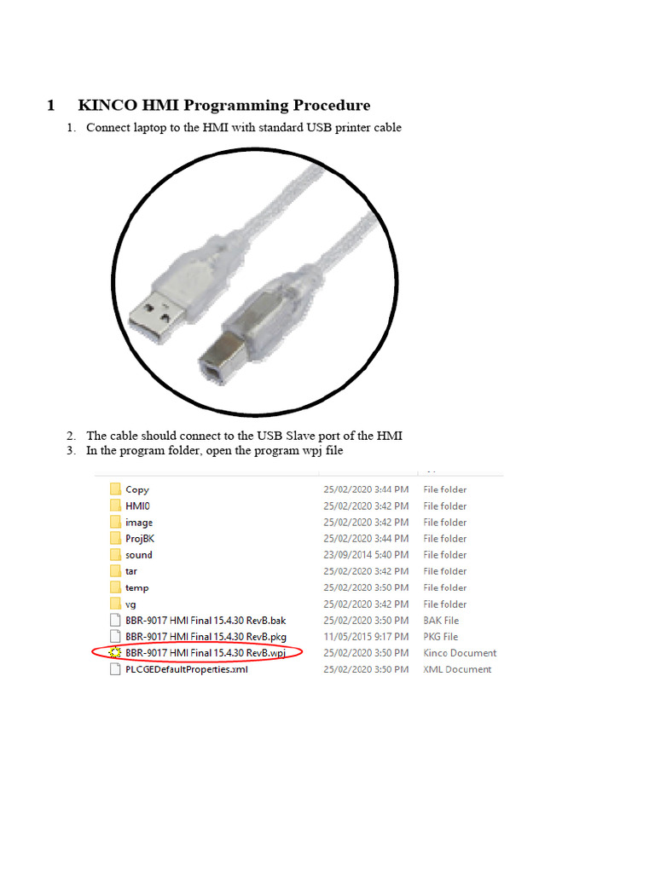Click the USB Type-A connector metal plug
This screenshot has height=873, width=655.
coord(154,313)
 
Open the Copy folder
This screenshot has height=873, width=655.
coord(136,489)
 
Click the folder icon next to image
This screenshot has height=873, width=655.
coord(115,522)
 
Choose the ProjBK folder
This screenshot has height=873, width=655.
coord(140,539)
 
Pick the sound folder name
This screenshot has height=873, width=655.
coord(139,555)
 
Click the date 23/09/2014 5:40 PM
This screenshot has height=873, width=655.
coord(365,555)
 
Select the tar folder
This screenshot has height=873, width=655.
coord(131,571)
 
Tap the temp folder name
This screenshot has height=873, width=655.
coord(136,587)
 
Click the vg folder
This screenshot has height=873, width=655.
coord(130,604)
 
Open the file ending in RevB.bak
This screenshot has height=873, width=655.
coord(206,621)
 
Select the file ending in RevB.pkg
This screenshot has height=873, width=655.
coord(206,637)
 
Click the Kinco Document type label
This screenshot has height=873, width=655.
coord(460,653)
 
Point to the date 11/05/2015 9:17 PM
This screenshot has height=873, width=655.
coord(365,637)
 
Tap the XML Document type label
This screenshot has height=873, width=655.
coord(457,669)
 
